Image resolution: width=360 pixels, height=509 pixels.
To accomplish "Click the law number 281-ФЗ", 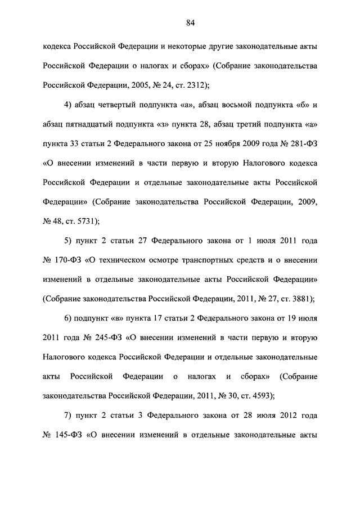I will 301,143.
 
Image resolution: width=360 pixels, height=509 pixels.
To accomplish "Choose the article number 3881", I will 299,299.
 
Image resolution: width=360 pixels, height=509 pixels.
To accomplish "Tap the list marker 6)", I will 68,318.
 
